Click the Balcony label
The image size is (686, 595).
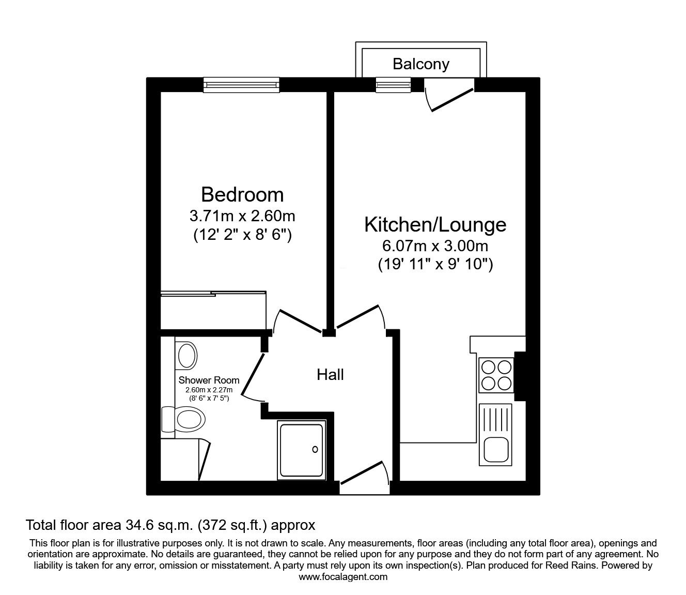pyautogui.click(x=421, y=64)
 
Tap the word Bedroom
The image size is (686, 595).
pyautogui.click(x=242, y=194)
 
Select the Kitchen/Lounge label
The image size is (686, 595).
pyautogui.click(x=435, y=225)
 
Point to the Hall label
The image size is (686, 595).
pyautogui.click(x=330, y=375)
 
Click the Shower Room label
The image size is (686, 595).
pyautogui.click(x=209, y=380)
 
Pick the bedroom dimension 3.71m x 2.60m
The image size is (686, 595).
pyautogui.click(x=242, y=216)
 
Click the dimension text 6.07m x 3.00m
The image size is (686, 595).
pyautogui.click(x=435, y=246)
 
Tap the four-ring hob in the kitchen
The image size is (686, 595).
pyautogui.click(x=496, y=375)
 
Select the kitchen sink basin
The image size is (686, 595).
pyautogui.click(x=496, y=449)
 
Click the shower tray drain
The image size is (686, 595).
pyautogui.click(x=315, y=450)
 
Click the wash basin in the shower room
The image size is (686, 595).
pyautogui.click(x=186, y=356)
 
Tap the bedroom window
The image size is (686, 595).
pyautogui.click(x=241, y=85)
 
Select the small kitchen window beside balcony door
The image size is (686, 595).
pyautogui.click(x=393, y=85)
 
